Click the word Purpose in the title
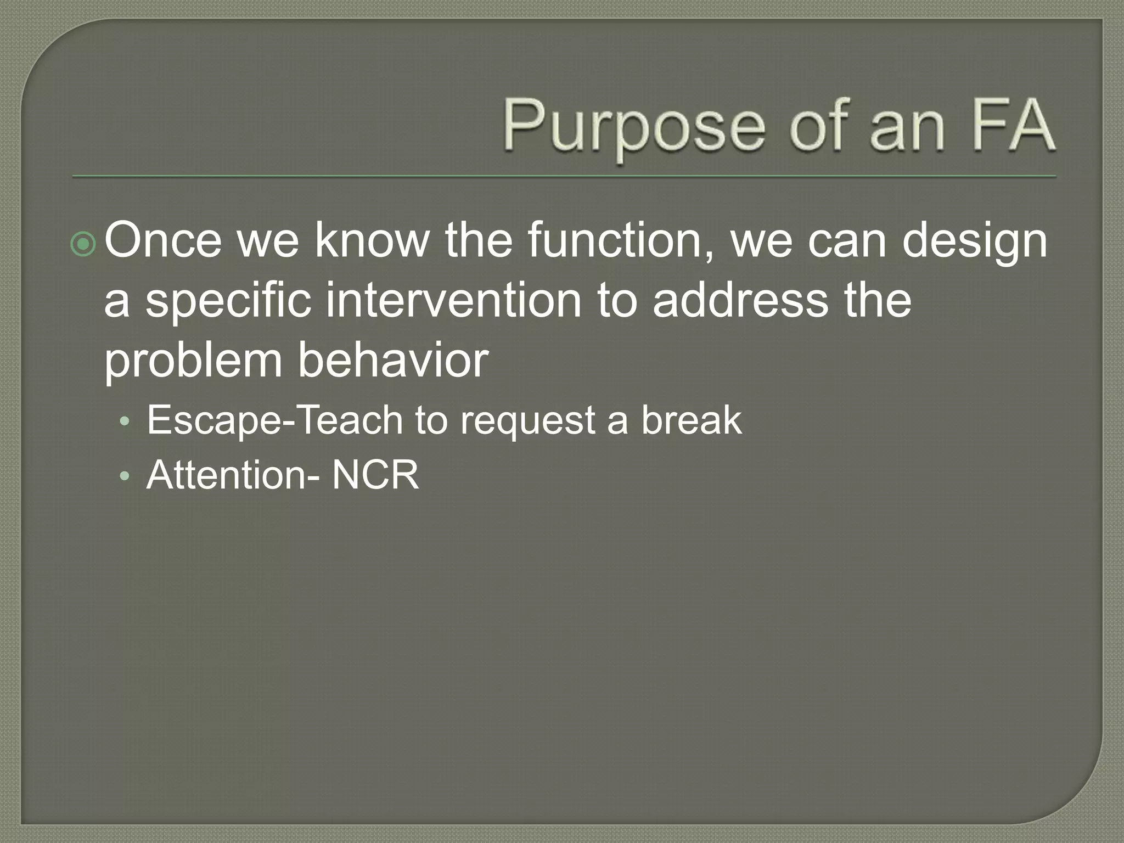[634, 127]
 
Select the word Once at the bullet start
[163, 240]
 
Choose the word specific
[228, 301]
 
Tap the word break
[692, 420]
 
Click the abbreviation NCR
[376, 475]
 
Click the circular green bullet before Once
[83, 245]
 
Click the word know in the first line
[372, 240]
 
